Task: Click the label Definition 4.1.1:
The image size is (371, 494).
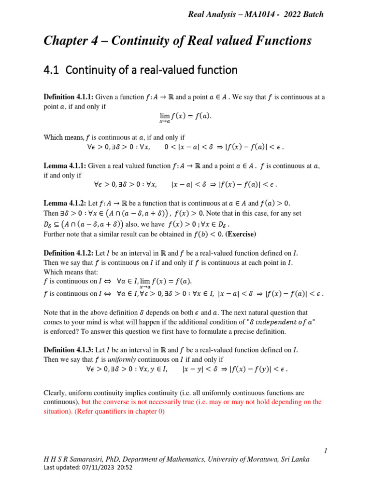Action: pos(68,97)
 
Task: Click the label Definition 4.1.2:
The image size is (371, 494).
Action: pos(68,253)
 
